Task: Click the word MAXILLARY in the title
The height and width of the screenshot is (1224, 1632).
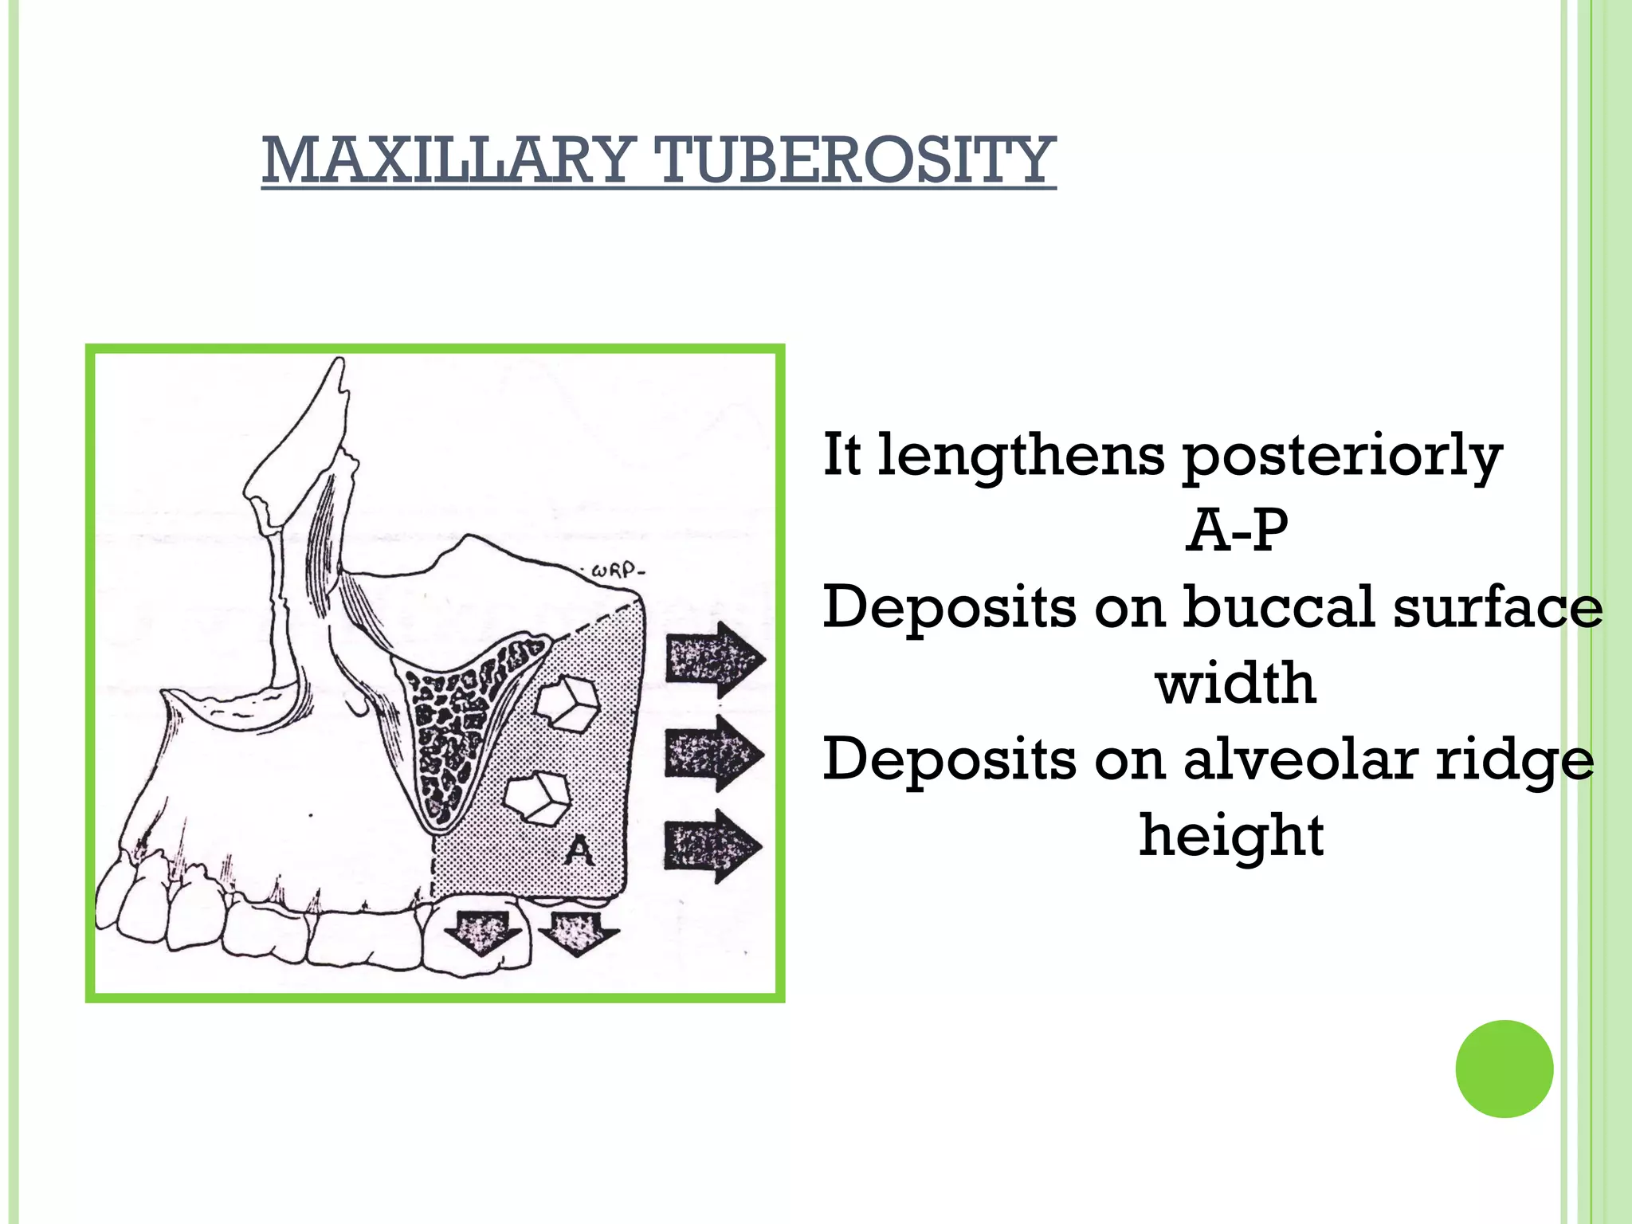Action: click(448, 161)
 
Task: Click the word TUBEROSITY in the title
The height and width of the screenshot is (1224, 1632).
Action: click(854, 161)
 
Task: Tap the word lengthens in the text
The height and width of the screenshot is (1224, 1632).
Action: click(1022, 456)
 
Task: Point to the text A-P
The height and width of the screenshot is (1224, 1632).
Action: click(1237, 531)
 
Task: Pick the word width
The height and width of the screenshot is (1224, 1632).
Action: click(1235, 683)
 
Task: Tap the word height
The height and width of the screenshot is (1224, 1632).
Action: click(1231, 835)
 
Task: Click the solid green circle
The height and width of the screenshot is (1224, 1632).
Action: click(1504, 1069)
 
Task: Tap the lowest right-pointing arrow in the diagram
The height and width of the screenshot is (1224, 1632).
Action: click(712, 846)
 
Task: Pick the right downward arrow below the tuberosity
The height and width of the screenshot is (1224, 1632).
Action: click(577, 932)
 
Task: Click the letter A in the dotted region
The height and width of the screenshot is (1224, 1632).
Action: click(579, 851)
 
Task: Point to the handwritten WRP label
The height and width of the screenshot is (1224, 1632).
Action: click(617, 571)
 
